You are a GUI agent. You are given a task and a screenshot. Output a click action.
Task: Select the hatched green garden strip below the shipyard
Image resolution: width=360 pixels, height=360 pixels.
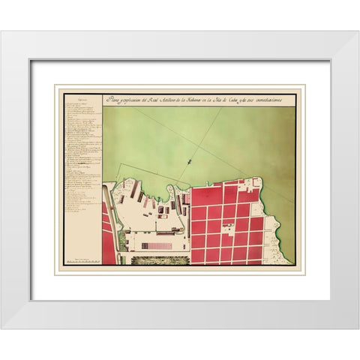coord(160,260)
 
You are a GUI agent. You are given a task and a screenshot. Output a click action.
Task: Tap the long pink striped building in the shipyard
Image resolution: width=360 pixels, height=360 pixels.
coord(156,245)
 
